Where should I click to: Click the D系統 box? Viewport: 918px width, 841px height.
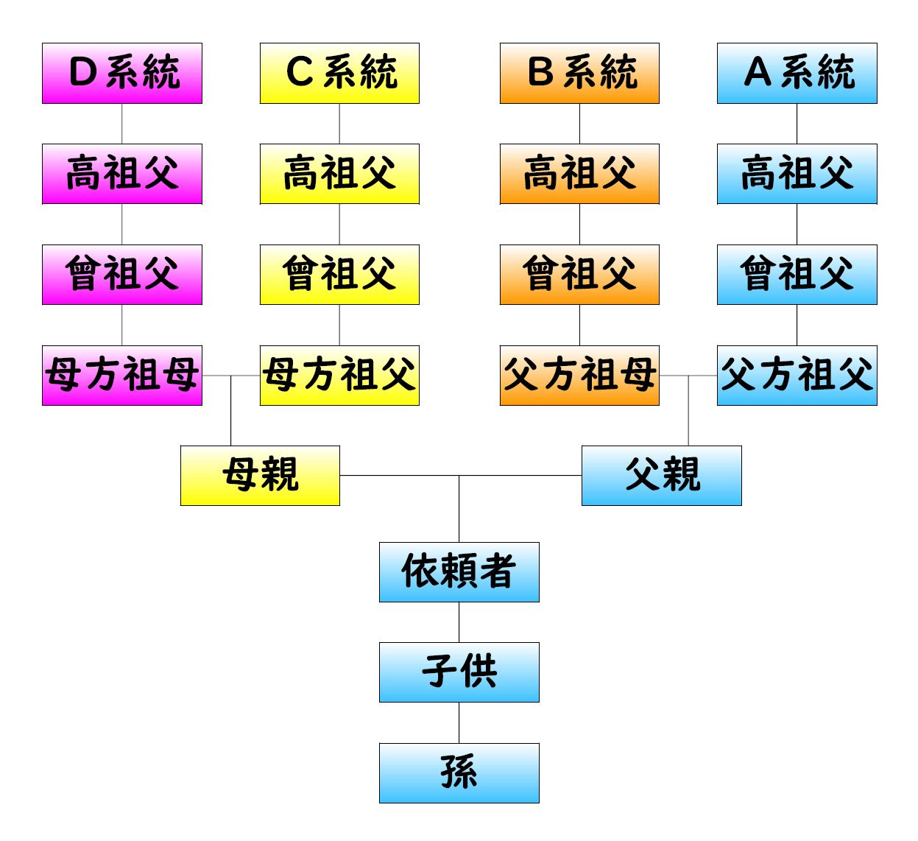(x=122, y=73)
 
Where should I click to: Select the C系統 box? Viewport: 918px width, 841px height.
(x=339, y=73)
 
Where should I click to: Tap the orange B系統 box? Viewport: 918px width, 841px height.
(x=579, y=73)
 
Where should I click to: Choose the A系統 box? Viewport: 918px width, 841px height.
(x=797, y=73)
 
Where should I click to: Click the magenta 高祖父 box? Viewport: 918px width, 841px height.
(x=122, y=174)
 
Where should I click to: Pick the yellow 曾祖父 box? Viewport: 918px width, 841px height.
(x=339, y=275)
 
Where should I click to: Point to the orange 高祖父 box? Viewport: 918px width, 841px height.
(x=579, y=174)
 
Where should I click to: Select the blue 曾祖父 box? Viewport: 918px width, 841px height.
(x=797, y=275)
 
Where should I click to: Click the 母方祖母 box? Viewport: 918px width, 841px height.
(x=122, y=376)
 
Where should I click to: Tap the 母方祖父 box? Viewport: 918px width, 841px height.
(x=339, y=376)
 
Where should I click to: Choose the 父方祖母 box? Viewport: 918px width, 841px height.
(x=579, y=376)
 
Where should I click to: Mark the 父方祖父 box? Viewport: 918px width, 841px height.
(x=797, y=376)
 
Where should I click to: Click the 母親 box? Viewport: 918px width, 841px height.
(x=260, y=476)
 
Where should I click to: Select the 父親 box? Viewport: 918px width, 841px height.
(x=662, y=476)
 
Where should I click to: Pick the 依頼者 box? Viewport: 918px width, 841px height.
(x=459, y=572)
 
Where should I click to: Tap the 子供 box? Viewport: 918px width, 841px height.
(x=459, y=672)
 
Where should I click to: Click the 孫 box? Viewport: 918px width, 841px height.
(x=459, y=773)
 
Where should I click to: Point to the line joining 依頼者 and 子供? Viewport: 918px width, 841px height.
(x=459, y=622)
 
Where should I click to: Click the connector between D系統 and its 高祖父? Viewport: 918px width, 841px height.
(x=122, y=124)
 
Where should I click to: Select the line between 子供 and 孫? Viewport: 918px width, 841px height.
(x=459, y=722)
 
